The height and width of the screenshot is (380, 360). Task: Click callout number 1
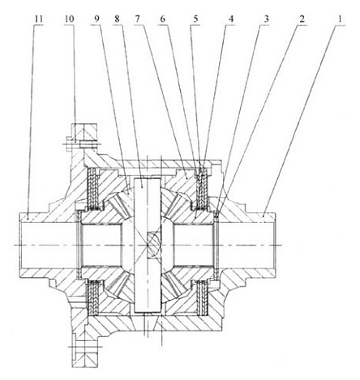341,19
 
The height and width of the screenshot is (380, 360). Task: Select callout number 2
302,19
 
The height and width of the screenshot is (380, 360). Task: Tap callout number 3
266,19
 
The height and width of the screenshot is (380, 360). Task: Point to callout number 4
230,19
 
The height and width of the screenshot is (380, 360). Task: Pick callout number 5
195,19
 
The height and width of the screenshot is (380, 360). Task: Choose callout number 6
162,19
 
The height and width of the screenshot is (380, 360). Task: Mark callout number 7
138,19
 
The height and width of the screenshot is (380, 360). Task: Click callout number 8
117,19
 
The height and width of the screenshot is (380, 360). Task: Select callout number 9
96,19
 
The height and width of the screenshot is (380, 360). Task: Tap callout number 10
70,19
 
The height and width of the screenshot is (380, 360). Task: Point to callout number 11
39,19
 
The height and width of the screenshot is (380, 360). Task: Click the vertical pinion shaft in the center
148,245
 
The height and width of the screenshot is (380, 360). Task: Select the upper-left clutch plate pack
93,188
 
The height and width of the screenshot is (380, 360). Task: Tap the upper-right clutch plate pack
201,188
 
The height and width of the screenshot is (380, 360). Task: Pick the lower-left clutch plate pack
93,297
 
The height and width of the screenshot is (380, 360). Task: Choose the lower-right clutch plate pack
202,297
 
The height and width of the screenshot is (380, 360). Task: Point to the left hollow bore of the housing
49,245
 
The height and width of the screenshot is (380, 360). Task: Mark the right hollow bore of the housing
246,245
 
